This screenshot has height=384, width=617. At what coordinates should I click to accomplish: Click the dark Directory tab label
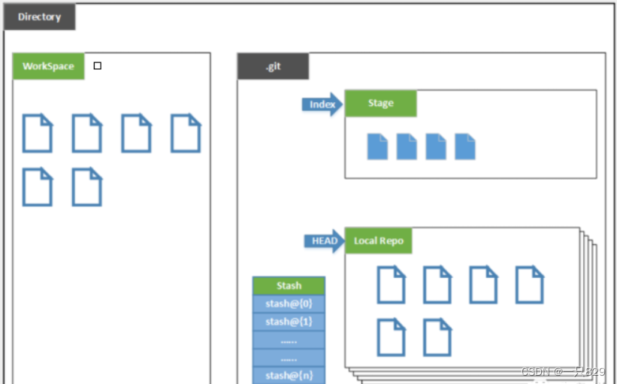[39, 17]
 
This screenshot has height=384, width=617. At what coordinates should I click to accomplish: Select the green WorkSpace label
[48, 66]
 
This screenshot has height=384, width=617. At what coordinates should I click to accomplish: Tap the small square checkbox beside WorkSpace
[98, 66]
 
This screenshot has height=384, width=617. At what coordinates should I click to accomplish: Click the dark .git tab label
[273, 66]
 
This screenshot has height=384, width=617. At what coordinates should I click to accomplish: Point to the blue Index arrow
[322, 104]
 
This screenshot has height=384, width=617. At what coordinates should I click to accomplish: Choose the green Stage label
[380, 104]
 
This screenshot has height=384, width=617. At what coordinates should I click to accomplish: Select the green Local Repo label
[379, 241]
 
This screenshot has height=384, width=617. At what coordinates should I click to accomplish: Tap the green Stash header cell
[289, 286]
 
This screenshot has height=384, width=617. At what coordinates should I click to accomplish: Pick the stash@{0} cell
[289, 304]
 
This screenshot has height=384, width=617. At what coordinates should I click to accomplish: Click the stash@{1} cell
[289, 322]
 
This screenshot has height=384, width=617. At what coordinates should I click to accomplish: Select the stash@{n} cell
[289, 375]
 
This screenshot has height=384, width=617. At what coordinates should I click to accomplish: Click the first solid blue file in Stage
[377, 147]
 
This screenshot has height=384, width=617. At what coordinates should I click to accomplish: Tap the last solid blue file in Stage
[465, 147]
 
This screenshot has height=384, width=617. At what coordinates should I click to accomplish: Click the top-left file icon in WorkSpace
[37, 133]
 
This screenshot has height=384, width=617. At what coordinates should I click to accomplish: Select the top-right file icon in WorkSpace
[186, 133]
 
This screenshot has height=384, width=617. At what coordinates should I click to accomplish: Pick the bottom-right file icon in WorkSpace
[86, 187]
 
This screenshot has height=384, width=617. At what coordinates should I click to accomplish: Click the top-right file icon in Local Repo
[529, 285]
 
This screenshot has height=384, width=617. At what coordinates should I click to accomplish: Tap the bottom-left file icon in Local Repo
[391, 337]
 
